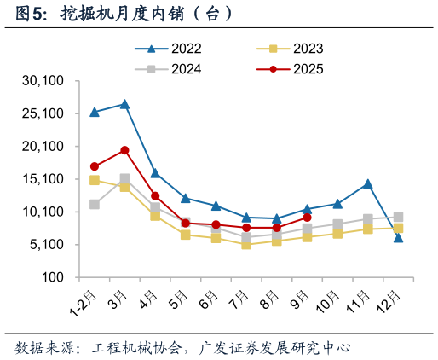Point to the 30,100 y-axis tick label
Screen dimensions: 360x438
43,81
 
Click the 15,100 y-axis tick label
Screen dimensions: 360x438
43,179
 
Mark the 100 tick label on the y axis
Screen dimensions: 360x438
53,277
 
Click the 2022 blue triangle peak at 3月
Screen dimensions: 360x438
124,104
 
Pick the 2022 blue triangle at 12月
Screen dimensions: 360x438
398,238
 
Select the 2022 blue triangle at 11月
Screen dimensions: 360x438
367,183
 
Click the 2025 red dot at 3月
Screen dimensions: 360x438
124,150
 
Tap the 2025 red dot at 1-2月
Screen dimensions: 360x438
95,166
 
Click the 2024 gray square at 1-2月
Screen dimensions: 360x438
95,205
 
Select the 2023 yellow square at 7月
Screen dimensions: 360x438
246,244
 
